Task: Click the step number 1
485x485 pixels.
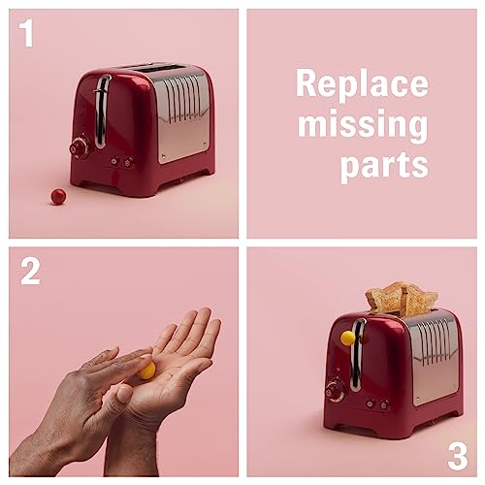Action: click(x=27, y=33)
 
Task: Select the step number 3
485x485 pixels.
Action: click(x=458, y=456)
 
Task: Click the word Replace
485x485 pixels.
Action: click(x=362, y=84)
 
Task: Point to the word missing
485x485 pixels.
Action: click(x=363, y=125)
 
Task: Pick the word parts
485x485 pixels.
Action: click(x=384, y=165)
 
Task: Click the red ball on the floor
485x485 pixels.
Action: click(x=58, y=197)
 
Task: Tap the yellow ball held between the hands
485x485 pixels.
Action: click(x=147, y=371)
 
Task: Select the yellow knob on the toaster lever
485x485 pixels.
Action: click(x=348, y=338)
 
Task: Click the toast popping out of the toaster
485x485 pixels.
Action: click(x=402, y=299)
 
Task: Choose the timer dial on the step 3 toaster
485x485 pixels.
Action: click(x=335, y=390)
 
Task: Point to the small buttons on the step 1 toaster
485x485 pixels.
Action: click(x=121, y=162)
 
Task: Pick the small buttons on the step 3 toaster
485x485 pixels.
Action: click(x=377, y=404)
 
